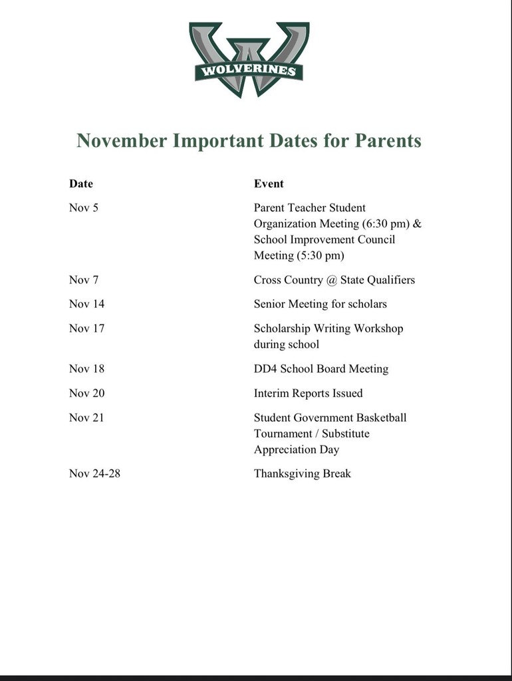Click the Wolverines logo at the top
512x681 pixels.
click(249, 59)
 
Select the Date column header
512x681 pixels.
click(81, 184)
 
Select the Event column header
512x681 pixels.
click(269, 184)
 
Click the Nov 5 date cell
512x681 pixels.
click(84, 207)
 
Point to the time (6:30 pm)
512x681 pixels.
click(386, 223)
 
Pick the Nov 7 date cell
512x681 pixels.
click(84, 280)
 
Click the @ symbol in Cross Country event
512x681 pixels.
click(332, 280)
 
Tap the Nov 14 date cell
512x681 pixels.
click(86, 304)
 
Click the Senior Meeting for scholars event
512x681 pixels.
click(320, 304)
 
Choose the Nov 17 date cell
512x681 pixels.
click(86, 329)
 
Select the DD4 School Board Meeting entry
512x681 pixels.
click(320, 369)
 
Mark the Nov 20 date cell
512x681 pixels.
click(86, 393)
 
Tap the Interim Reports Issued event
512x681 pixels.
click(308, 393)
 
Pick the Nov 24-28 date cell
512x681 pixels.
click(94, 474)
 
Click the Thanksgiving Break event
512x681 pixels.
click(302, 474)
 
